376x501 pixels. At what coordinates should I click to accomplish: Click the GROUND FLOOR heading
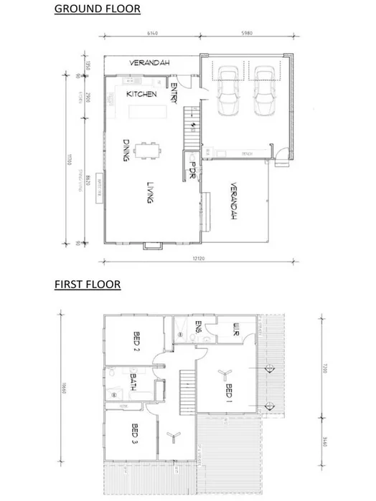(x=98, y=9)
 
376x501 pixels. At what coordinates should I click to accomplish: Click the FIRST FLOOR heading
(x=88, y=285)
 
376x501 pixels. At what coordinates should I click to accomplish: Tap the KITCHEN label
(x=142, y=95)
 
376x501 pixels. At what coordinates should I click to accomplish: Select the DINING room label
(x=126, y=151)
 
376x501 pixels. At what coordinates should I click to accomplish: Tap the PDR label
(x=192, y=169)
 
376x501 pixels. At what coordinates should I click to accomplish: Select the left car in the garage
(x=230, y=90)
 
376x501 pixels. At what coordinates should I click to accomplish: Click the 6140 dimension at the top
(x=151, y=32)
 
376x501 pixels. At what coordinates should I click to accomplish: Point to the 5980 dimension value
(x=245, y=32)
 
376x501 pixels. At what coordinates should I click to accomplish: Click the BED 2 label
(x=136, y=339)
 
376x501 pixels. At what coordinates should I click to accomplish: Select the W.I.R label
(x=236, y=330)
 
